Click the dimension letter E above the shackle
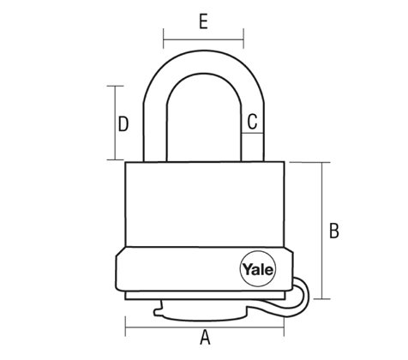point(203,21)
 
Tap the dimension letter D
point(123,124)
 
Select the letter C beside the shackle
point(252,122)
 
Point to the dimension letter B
point(334,231)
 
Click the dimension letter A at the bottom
point(205,338)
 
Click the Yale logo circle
point(258,269)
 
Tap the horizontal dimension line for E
point(203,39)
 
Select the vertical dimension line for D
point(116,123)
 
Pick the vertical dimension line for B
point(322,231)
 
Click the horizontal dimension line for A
point(205,327)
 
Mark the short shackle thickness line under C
point(252,133)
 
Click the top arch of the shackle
point(203,62)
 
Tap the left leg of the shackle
point(154,132)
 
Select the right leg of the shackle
point(252,132)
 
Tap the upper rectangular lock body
point(205,204)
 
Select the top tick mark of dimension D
point(116,86)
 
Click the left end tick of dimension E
point(164,39)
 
